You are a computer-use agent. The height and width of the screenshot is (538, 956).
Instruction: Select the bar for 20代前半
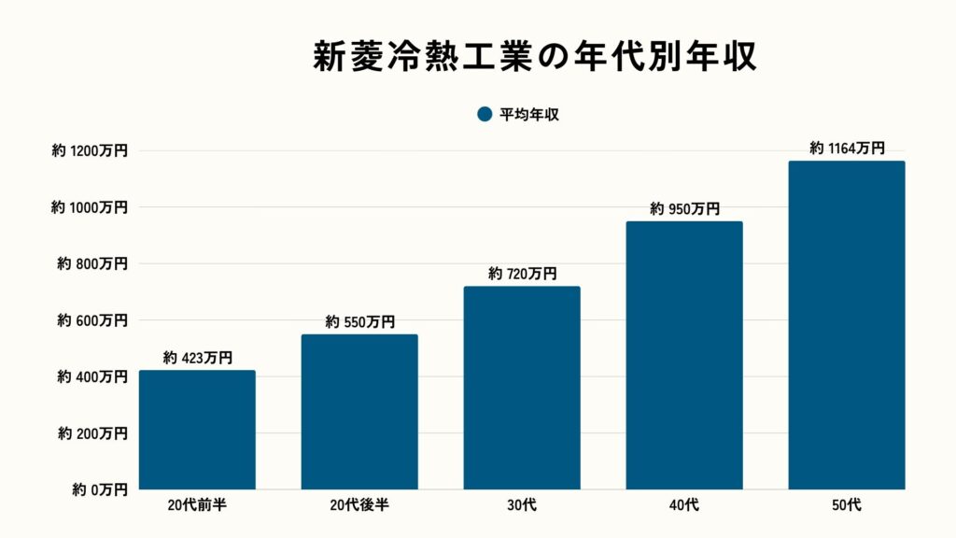point(197,430)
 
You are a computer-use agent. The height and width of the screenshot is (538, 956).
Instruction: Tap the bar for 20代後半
point(359,412)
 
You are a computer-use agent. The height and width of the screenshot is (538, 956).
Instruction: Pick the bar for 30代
point(522,388)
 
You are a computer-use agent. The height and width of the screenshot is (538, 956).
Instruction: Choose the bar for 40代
point(684,355)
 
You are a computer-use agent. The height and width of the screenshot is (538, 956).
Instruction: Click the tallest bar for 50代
point(847,325)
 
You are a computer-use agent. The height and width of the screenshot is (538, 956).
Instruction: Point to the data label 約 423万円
point(197,357)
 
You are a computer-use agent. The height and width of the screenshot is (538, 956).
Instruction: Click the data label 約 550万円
point(359,321)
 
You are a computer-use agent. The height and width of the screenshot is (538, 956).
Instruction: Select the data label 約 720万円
point(522,274)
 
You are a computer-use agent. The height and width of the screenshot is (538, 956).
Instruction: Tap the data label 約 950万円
point(684,208)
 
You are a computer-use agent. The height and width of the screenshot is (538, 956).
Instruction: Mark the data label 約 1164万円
point(847,148)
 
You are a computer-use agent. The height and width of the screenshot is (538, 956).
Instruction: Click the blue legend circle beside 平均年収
point(484,114)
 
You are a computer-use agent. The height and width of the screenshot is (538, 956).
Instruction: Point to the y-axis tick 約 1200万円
point(90,150)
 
